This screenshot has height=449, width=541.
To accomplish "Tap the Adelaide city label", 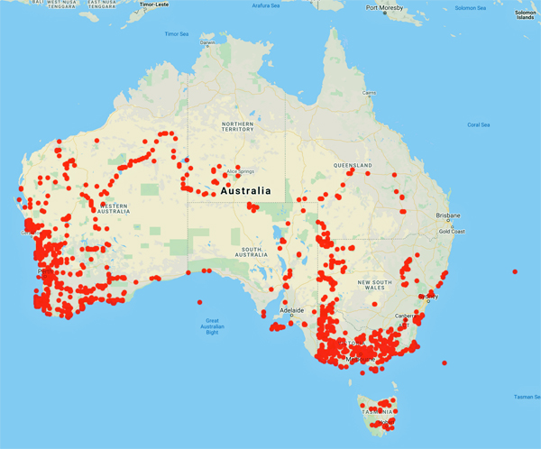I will tap(292, 309).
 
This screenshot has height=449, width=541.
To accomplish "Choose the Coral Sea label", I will tap(479, 124).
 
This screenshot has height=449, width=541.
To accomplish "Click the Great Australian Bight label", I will tap(213, 326).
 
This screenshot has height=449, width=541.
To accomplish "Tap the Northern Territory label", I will tap(238, 126).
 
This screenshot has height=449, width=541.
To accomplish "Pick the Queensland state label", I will tap(353, 166).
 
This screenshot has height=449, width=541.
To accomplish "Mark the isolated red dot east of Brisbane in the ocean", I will tap(515, 271).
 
